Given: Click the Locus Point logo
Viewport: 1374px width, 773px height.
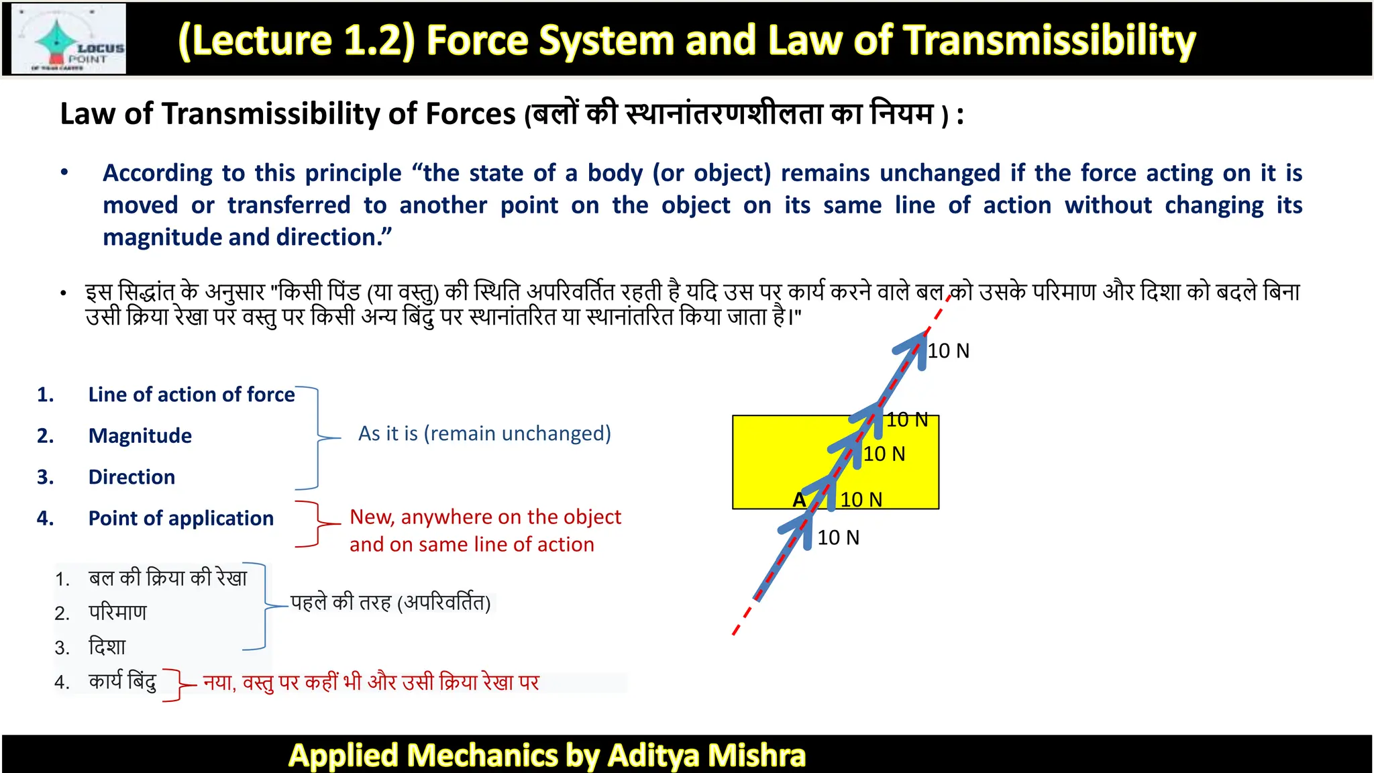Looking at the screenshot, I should tap(69, 39).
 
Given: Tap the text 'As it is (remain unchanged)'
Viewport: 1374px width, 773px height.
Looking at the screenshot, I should tap(484, 433).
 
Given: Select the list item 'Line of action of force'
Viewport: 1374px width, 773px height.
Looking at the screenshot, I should tap(191, 395).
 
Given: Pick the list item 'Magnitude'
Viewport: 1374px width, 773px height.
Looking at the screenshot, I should tap(140, 436).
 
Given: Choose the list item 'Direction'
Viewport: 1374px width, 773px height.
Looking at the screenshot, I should tap(131, 477).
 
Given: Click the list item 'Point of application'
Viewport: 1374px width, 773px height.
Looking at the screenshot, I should tap(180, 518).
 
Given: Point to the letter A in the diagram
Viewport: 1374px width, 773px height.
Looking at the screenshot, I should tap(799, 500).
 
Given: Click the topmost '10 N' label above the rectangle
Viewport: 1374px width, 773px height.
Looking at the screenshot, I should tap(948, 351).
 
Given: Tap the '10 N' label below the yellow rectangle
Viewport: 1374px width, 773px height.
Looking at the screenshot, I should tap(838, 537).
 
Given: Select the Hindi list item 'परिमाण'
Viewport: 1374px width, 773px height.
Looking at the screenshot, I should tap(117, 613).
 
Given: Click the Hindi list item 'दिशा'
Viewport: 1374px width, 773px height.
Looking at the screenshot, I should tap(107, 647).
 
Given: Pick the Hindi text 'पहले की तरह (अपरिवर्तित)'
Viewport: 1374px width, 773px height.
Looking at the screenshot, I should tap(390, 603).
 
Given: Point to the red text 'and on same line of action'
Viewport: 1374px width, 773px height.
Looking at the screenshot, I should tap(472, 544).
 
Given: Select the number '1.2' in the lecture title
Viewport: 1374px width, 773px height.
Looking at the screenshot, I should tap(378, 40).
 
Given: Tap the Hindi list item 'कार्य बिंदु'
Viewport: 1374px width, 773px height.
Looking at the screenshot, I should tap(122, 682).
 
